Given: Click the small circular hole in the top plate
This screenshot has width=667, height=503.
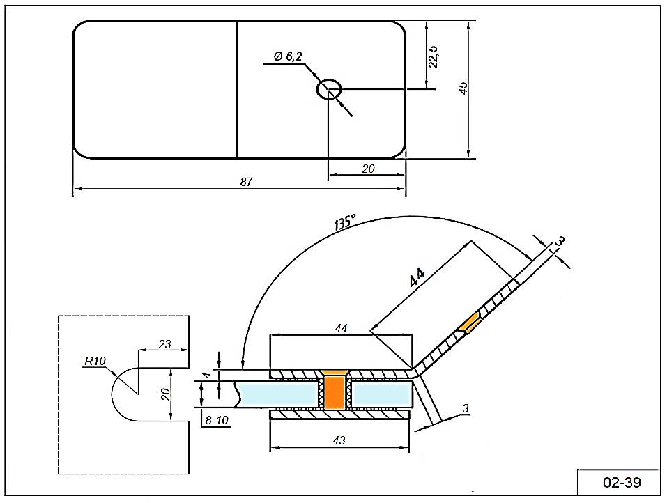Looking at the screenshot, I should [x=329, y=89].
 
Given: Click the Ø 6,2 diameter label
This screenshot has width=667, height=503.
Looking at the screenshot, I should [x=288, y=56].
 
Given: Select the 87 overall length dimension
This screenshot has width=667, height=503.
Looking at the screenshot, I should [x=245, y=182].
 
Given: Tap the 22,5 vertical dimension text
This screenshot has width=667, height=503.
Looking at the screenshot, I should [x=434, y=56].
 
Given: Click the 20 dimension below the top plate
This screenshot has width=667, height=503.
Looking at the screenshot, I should [x=368, y=168].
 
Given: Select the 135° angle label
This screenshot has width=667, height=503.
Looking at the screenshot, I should [x=344, y=222].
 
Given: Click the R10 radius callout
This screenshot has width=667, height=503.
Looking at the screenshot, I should [x=94, y=361].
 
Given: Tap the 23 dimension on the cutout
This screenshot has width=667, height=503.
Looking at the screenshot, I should [x=165, y=343].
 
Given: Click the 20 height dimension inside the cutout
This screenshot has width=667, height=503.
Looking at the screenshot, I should [x=165, y=394].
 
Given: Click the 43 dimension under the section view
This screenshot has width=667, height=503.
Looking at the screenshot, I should [x=339, y=440].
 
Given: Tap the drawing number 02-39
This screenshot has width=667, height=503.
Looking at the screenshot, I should [x=621, y=482].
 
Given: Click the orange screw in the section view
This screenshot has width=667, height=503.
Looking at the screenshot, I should [x=336, y=393].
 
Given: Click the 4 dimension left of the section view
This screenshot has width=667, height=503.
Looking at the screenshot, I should [x=206, y=375].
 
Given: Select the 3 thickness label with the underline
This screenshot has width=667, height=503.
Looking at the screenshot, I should [x=465, y=408].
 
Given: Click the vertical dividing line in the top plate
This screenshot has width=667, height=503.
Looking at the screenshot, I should [x=237, y=89].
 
